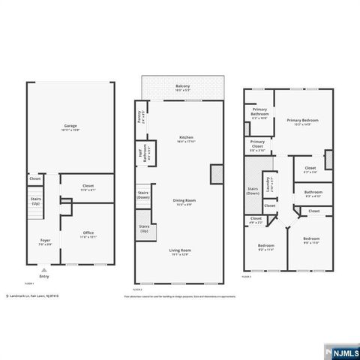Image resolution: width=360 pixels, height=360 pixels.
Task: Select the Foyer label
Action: [x=45, y=241]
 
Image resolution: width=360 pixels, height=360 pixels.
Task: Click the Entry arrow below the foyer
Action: [x=44, y=271]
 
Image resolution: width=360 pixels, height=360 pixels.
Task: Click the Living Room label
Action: [x=180, y=251]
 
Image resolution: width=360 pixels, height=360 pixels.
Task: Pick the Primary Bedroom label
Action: [x=302, y=121]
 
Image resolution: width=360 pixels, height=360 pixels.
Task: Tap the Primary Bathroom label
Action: [x=260, y=113]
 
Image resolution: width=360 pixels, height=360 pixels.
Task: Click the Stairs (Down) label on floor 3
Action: [x=253, y=190]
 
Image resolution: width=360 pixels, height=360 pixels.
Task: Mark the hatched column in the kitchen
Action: [x=215, y=173]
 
